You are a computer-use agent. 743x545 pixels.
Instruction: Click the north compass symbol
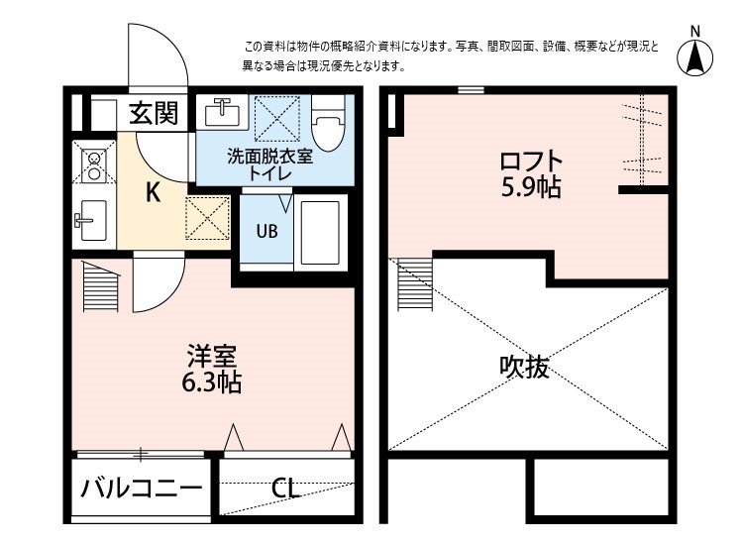(x=696, y=58)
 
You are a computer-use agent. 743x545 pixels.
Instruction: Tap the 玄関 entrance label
(x=154, y=113)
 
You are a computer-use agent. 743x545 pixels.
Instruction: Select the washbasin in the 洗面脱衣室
(x=224, y=113)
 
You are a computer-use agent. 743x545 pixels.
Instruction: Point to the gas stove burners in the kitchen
(x=92, y=164)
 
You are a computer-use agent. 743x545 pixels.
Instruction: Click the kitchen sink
(x=92, y=219)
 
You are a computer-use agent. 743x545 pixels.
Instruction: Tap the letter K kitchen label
(x=154, y=192)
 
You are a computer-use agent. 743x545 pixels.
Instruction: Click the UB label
(x=267, y=233)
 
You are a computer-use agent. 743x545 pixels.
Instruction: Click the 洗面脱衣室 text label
(x=269, y=157)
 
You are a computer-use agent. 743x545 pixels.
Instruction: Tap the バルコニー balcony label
(x=142, y=489)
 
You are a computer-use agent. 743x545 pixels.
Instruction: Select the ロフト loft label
(x=531, y=162)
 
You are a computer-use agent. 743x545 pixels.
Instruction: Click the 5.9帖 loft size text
(x=531, y=187)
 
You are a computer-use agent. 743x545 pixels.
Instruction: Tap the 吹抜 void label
(x=523, y=368)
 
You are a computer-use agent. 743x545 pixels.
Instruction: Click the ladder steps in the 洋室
(x=99, y=286)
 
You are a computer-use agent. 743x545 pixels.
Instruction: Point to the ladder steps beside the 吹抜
(x=413, y=285)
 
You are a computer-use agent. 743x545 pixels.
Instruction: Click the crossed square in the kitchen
(x=208, y=218)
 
